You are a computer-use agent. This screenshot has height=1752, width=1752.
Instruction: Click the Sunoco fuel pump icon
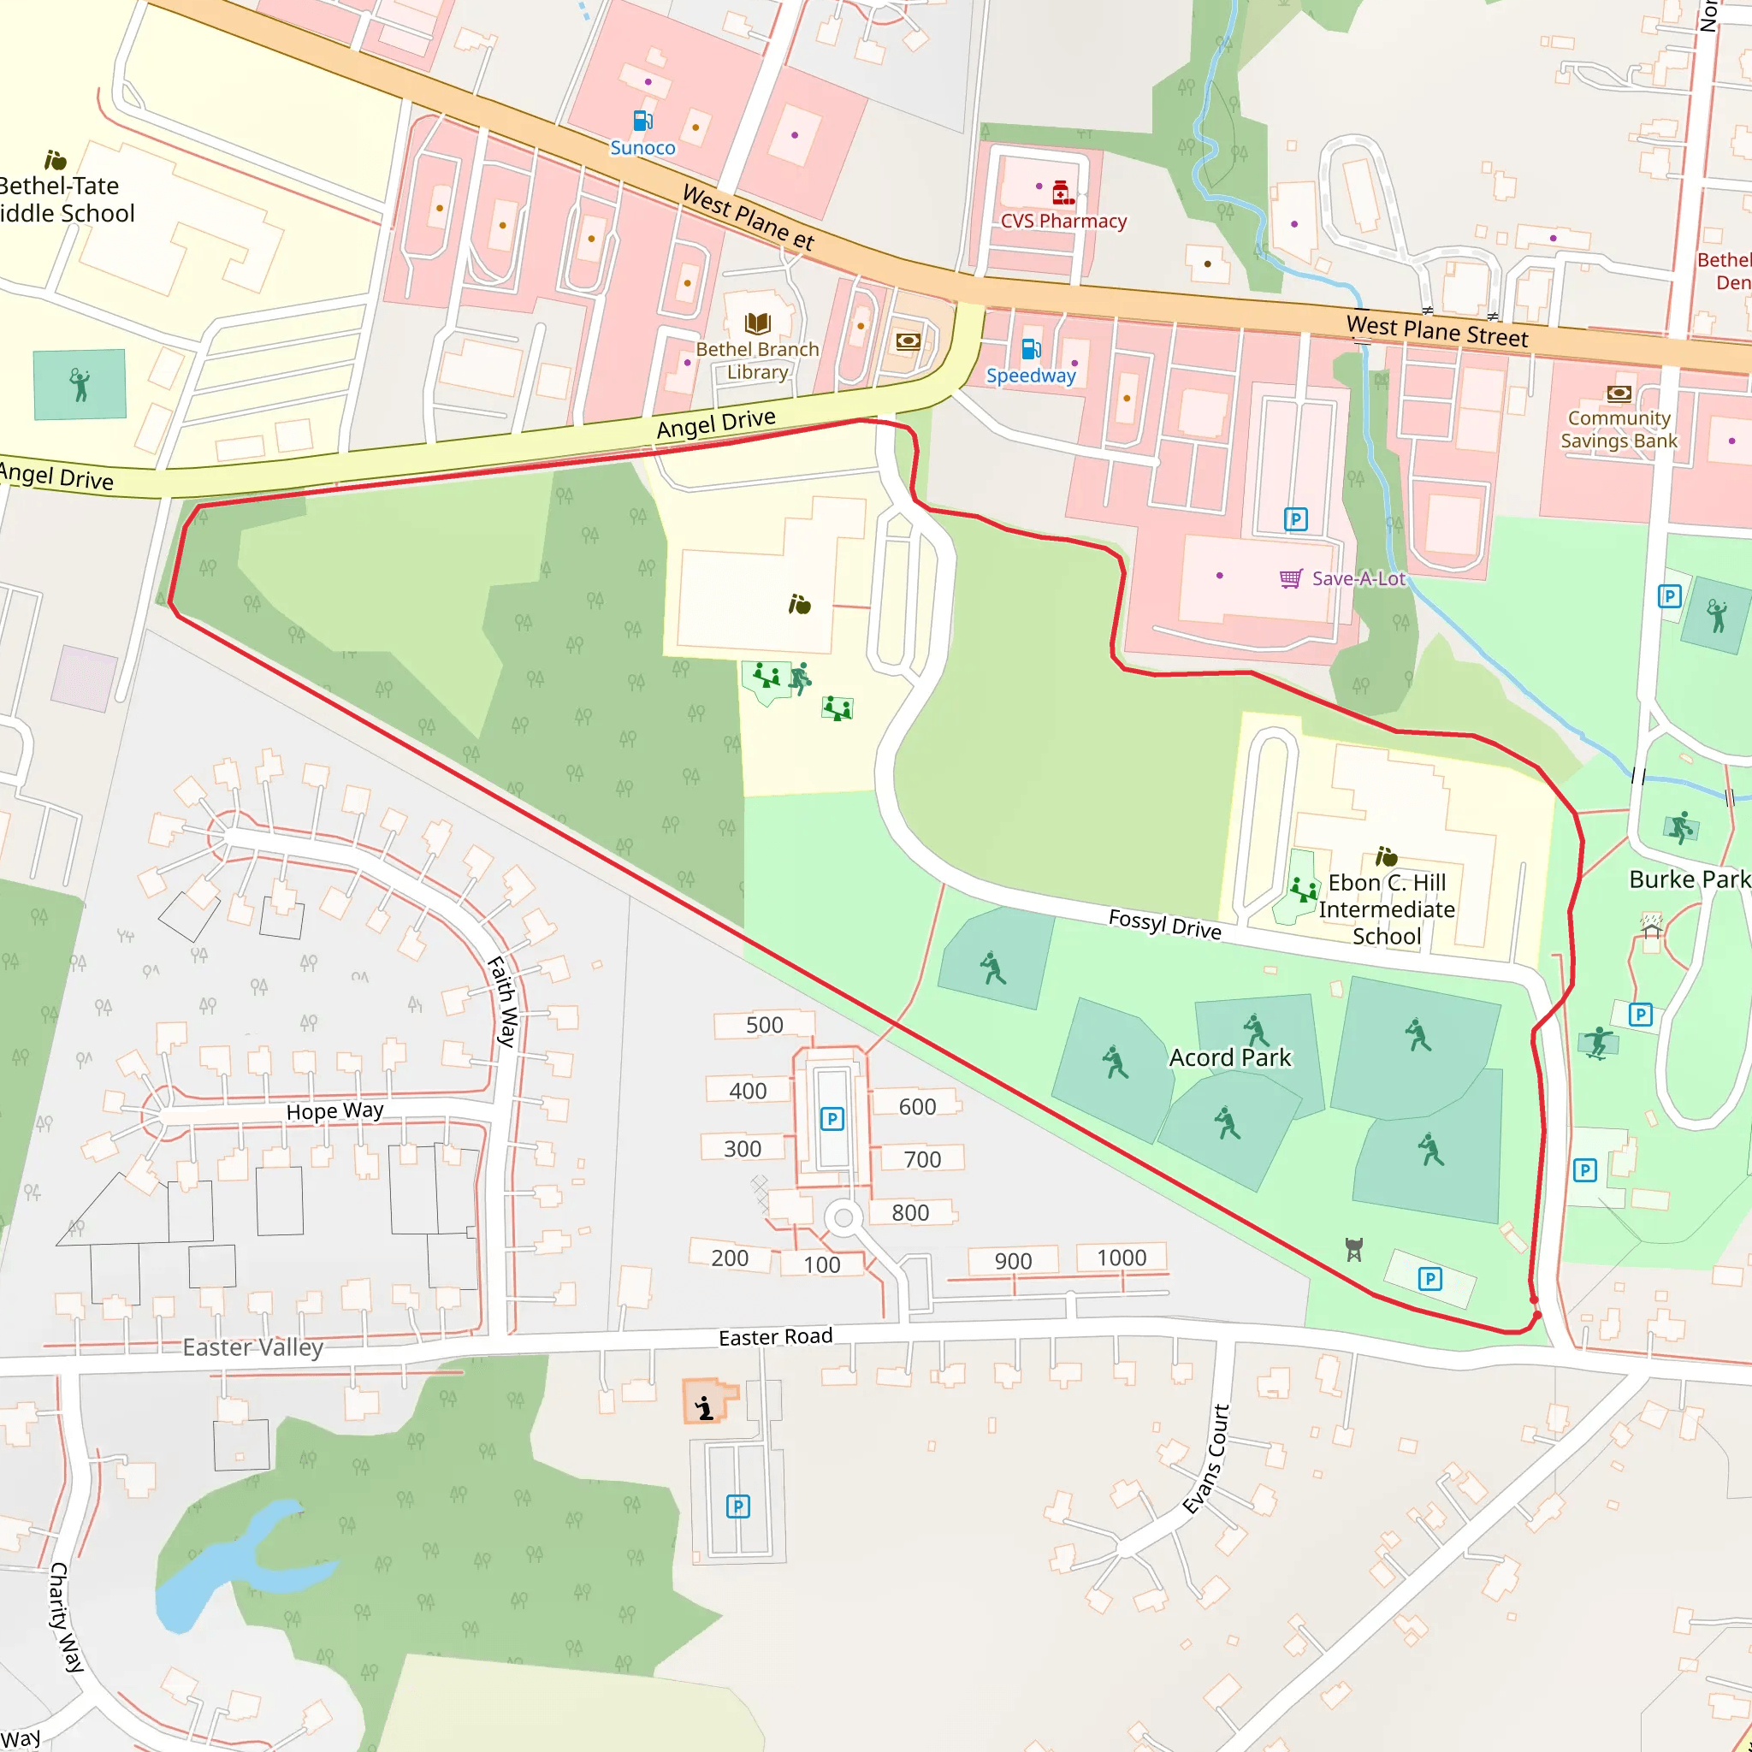(642, 121)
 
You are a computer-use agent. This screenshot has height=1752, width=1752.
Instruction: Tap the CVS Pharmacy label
(1062, 222)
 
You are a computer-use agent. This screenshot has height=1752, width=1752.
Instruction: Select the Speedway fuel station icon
(1030, 349)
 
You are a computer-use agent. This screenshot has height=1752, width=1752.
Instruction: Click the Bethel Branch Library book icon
(757, 323)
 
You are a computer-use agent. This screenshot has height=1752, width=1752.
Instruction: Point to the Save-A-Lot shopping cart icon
(1290, 578)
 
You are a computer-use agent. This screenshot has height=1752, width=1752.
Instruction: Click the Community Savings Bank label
(1619, 429)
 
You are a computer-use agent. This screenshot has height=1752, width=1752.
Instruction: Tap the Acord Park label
(1229, 1057)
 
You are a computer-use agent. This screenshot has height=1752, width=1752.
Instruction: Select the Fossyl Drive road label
(1164, 924)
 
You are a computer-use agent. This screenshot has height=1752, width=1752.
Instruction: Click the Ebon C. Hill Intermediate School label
(1387, 909)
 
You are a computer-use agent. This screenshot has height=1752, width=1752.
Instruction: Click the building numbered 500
(764, 1025)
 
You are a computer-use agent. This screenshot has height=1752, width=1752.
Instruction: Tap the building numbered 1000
(1121, 1258)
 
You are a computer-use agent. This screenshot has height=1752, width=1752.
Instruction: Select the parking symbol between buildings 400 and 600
(832, 1119)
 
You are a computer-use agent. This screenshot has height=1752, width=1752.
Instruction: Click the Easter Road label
(775, 1337)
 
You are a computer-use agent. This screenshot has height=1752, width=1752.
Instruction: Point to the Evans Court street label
(1207, 1459)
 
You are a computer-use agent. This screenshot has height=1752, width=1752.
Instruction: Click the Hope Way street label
(334, 1111)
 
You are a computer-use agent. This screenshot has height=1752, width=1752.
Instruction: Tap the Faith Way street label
(503, 1001)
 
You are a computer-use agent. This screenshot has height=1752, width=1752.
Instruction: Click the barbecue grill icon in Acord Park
(1354, 1250)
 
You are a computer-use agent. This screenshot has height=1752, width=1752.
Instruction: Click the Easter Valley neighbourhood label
(252, 1347)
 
